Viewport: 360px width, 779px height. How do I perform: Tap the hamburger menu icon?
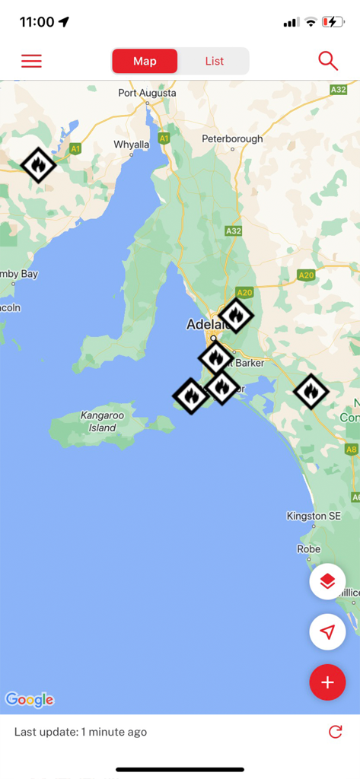[x=31, y=61]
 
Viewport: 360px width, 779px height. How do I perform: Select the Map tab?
[x=145, y=61]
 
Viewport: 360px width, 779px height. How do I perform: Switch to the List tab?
[x=214, y=61]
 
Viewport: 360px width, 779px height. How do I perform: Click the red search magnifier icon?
[x=328, y=61]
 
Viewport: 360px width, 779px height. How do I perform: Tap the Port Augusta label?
[x=147, y=93]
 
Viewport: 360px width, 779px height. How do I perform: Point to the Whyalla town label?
[x=131, y=145]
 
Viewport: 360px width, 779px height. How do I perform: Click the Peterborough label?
[x=232, y=139]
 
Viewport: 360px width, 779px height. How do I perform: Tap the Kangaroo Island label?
[x=103, y=421]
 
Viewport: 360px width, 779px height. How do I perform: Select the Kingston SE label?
[x=314, y=517]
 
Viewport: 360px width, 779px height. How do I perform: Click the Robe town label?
[x=308, y=549]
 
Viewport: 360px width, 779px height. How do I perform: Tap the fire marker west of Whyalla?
[x=38, y=164]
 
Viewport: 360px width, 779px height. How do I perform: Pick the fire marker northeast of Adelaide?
[x=236, y=315]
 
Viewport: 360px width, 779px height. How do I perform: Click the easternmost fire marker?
[x=311, y=392]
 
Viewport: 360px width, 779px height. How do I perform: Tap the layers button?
[x=327, y=582]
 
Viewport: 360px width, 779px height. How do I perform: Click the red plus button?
[x=327, y=682]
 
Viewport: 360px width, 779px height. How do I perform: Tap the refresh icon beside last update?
[x=335, y=732]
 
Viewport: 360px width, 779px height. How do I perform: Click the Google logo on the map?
[x=30, y=699]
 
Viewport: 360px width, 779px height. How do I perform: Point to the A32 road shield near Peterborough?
[x=234, y=231]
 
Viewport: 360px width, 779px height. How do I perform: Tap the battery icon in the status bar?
[x=333, y=22]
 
